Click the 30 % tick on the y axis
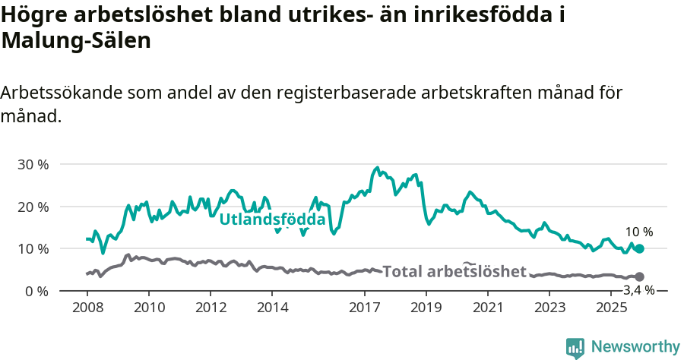click(33, 165)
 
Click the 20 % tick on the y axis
click(33, 207)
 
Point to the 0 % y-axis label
click(37, 291)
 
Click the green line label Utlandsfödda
click(272, 220)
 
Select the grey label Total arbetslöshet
click(454, 272)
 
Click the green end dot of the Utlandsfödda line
click(639, 248)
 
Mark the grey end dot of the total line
click(639, 276)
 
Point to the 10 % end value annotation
click(638, 232)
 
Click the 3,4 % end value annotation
click(638, 290)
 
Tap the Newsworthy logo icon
click(575, 347)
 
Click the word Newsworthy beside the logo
click(635, 347)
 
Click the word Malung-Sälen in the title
click(76, 41)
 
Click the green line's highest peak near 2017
click(378, 168)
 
